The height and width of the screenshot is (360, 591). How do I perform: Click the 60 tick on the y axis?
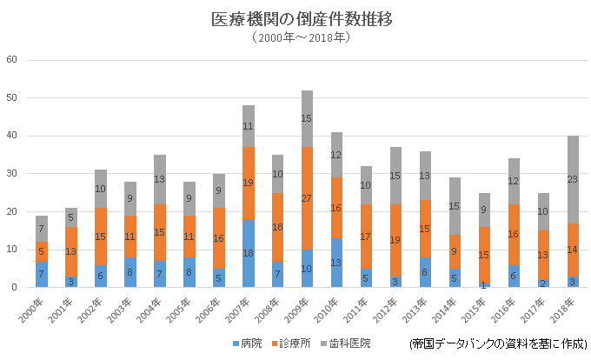(12, 60)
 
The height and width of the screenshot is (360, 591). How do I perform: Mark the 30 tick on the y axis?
(12, 174)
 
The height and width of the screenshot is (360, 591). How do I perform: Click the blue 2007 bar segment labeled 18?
(248, 253)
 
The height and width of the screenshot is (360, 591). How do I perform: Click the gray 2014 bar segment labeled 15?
(455, 206)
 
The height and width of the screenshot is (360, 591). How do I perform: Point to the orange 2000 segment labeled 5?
(42, 251)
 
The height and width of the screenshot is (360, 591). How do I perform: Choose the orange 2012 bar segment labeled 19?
(395, 240)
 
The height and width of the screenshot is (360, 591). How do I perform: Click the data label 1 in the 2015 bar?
(484, 285)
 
